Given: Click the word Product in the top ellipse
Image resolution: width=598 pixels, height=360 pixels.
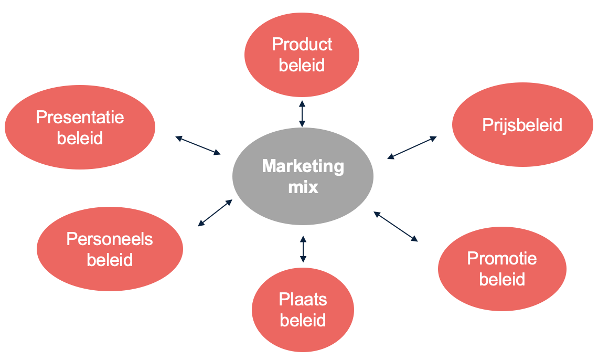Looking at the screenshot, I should point(302,45).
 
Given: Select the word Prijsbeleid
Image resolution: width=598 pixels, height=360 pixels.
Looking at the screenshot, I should point(522,125).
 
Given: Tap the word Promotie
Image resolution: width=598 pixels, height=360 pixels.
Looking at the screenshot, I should point(502,259).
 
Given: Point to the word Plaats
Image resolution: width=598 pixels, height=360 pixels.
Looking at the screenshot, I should point(303,300).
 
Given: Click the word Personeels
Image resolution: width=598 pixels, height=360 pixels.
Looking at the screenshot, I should point(110,239).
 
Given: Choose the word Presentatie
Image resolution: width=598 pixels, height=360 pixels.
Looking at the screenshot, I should point(80,117).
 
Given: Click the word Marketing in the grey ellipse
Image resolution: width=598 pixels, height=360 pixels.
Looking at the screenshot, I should point(303,167).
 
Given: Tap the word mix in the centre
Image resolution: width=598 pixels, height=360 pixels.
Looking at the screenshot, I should point(303,187).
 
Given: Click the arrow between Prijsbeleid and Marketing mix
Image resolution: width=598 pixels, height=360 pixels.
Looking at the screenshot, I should point(412,147).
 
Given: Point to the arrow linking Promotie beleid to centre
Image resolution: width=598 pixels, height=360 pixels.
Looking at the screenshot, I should point(396,226).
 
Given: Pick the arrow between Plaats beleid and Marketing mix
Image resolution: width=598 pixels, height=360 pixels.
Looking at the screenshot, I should point(303,249).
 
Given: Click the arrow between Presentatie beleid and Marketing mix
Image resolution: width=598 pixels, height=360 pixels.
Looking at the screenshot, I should point(198,145).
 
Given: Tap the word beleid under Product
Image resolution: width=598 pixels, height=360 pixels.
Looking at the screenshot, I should point(302,65).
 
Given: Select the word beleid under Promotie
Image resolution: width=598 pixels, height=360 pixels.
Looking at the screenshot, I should point(502,279).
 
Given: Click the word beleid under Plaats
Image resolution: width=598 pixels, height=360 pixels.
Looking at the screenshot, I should point(303,320).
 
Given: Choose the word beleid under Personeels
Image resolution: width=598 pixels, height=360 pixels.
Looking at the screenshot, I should point(110,260).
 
